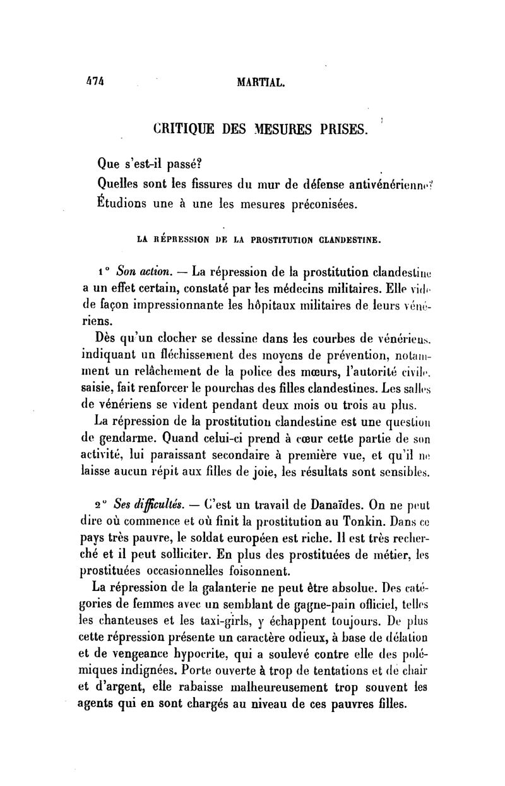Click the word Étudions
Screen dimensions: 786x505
[124, 204]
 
